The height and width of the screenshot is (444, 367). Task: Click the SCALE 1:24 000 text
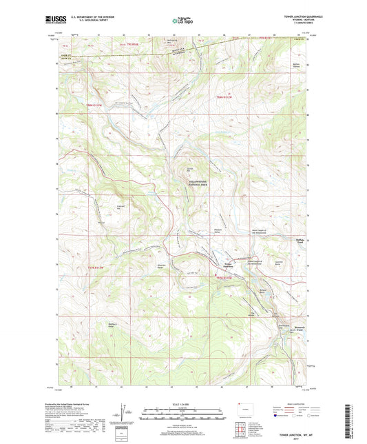(x=182, y=404)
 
